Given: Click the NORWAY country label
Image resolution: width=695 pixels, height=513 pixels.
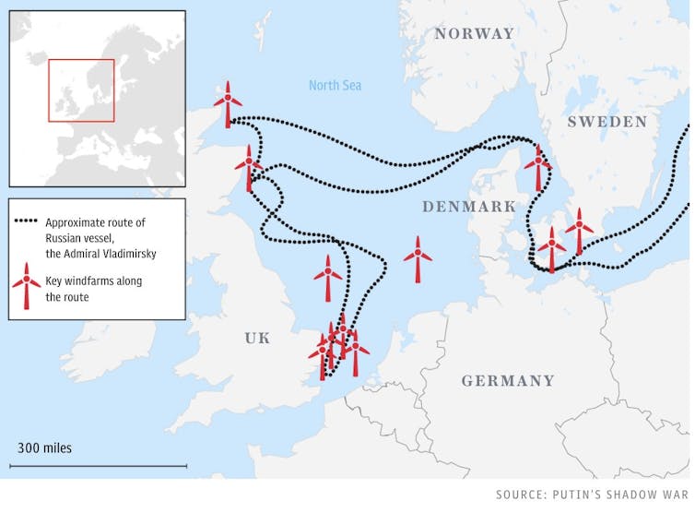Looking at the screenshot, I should [474, 33].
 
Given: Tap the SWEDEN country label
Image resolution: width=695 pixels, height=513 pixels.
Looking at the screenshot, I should [607, 122].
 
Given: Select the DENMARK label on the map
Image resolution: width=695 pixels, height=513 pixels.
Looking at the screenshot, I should [469, 207].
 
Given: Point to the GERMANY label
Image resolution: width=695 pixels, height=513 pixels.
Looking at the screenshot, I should [508, 380].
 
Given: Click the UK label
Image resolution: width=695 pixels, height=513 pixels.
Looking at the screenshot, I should [257, 339].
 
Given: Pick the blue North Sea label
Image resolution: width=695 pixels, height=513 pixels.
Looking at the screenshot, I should [335, 86].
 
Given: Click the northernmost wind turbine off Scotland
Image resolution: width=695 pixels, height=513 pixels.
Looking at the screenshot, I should [228, 101].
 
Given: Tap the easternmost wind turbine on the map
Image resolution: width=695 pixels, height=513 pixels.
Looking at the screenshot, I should [579, 229].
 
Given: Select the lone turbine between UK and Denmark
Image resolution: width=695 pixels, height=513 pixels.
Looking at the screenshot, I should [418, 257].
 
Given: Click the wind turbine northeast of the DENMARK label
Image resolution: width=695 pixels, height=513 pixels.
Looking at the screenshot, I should [537, 166].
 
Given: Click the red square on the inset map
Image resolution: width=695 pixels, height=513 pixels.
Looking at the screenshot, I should [81, 91].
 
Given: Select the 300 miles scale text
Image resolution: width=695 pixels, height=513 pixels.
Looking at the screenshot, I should [44, 448].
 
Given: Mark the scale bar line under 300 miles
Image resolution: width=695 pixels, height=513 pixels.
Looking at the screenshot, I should [99, 466].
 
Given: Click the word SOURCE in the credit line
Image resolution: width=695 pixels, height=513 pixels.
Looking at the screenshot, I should [521, 494].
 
